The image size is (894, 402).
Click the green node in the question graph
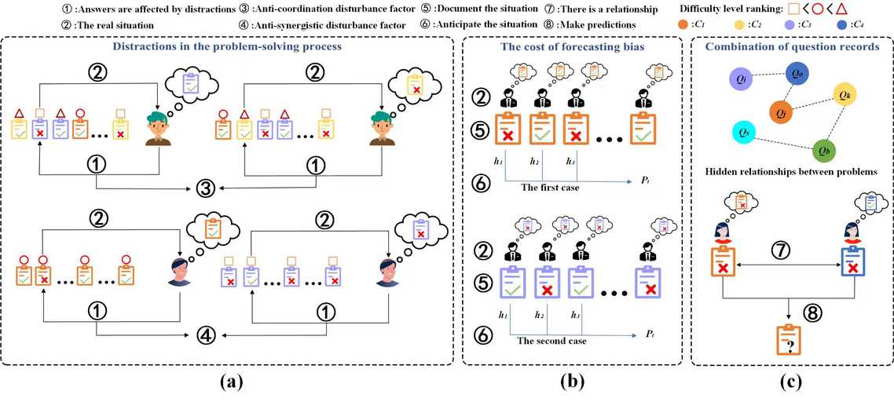(823, 152)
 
